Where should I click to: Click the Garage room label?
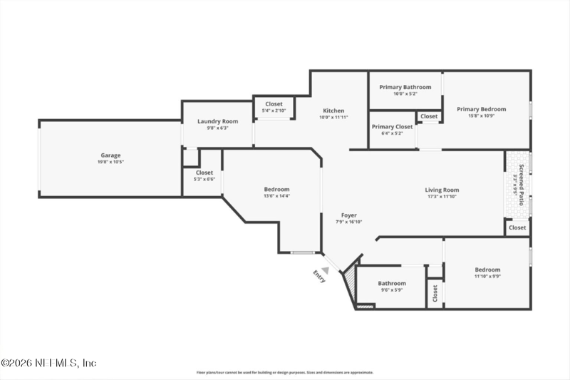pos(110,155)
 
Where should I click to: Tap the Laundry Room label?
pos(217,121)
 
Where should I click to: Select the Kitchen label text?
pos(333,111)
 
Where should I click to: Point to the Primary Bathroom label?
pos(405,87)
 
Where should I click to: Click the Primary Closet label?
pos(392,126)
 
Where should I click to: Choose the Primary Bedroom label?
pos(482,109)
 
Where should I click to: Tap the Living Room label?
pos(442,190)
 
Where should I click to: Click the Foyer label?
pos(348,215)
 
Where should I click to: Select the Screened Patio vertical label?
pos(521,185)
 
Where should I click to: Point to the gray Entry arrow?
pos(326,269)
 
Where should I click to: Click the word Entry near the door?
pos(318,277)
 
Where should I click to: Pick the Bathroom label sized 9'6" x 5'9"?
pos(392,283)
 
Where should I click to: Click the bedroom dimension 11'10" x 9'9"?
pos(487,277)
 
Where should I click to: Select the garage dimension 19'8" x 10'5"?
pos(110,162)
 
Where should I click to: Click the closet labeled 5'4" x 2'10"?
pos(274,111)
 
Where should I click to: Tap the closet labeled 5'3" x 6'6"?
pos(204,179)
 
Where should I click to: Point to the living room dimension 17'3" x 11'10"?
pos(442,197)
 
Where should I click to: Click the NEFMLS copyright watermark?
pos(48,363)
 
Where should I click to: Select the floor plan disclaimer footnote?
pos(285,372)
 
